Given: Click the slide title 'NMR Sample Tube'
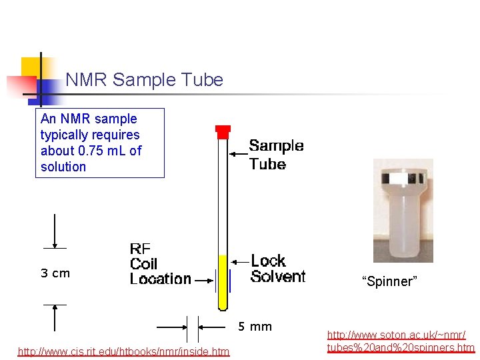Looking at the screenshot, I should (x=144, y=81).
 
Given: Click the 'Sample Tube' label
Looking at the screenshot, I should (x=276, y=155).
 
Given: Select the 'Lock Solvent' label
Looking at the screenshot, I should (x=278, y=268).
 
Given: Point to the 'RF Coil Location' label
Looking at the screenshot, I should (x=160, y=264).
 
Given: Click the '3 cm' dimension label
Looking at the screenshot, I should (x=55, y=273).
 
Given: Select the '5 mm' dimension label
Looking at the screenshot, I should (x=255, y=327).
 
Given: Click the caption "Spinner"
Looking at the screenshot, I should (x=389, y=281).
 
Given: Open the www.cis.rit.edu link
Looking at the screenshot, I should (x=123, y=351).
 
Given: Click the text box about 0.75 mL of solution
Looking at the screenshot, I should (x=99, y=143).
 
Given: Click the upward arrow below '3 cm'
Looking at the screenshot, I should (x=55, y=318).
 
